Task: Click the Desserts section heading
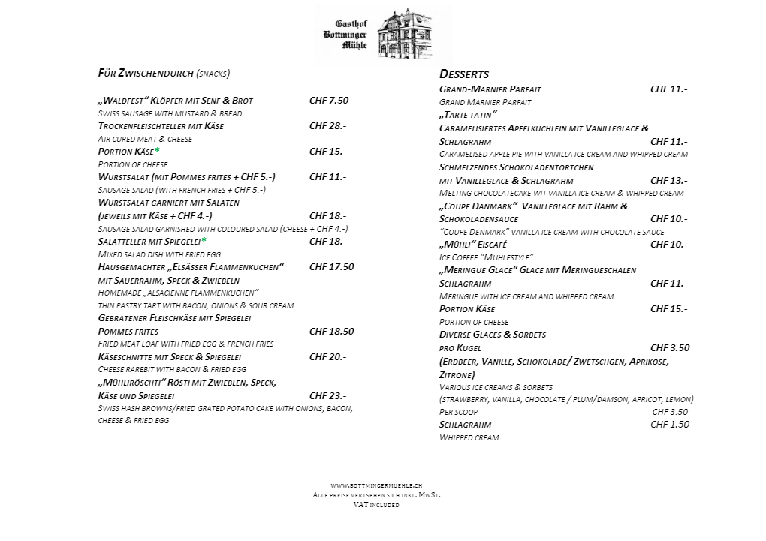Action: point(463,74)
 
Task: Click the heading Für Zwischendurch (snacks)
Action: point(164,73)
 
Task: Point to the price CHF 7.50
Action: point(329,100)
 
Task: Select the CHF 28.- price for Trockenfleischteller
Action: point(327,125)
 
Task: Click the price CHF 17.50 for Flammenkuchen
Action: point(331,266)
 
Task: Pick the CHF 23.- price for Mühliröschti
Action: point(327,395)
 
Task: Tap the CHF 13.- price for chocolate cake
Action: point(668,180)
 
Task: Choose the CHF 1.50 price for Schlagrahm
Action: point(669,424)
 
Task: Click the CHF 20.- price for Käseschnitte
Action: point(327,356)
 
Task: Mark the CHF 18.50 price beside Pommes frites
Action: point(331,331)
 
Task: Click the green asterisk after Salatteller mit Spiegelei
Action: point(204,241)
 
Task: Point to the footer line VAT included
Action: point(375,505)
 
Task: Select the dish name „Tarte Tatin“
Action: point(468,114)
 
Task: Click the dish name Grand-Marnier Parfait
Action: point(490,89)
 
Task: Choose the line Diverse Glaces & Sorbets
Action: point(492,334)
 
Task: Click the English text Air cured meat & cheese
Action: point(145,139)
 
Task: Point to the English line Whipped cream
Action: point(469,437)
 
